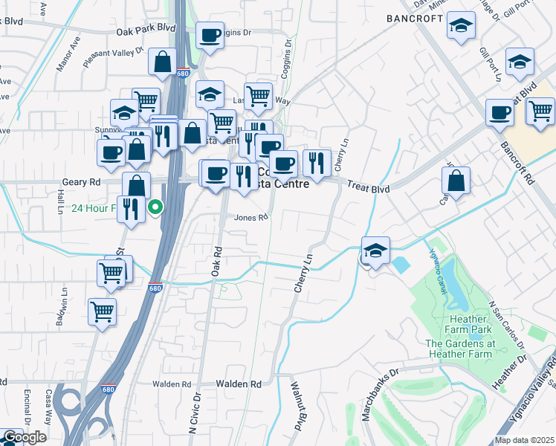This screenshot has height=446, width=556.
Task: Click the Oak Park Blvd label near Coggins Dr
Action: (x=146, y=30)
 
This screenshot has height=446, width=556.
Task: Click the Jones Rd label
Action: (x=250, y=218)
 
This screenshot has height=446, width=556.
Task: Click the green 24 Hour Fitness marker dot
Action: (x=155, y=207)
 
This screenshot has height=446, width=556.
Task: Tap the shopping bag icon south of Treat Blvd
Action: (x=456, y=180)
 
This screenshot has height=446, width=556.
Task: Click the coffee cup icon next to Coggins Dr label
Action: (x=210, y=34)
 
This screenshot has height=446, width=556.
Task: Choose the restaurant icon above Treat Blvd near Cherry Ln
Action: (x=317, y=162)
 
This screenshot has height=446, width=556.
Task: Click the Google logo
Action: (x=24, y=437)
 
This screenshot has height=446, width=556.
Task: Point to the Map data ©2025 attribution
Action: (x=525, y=440)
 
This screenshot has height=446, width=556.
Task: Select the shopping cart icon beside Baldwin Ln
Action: (x=102, y=311)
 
